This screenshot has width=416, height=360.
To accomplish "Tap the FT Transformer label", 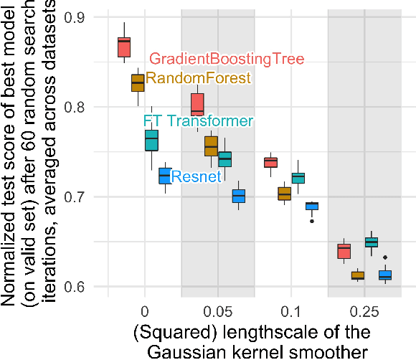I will coord(198,121).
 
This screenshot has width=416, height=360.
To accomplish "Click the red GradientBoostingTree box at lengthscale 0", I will coord(124,47).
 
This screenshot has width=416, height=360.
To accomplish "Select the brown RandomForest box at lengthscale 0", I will coord(138,82).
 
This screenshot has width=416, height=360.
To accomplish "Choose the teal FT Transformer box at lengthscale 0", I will coord(151,140).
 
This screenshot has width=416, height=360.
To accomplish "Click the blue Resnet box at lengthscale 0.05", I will coord(239,196).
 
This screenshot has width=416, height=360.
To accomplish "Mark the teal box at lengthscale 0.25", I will coord(372,242).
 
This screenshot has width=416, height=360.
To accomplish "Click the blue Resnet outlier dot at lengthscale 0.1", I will coord(311,221).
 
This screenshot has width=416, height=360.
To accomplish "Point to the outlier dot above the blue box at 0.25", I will coord(385,257).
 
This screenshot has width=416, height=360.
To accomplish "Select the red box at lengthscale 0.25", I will coord(344,251).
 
